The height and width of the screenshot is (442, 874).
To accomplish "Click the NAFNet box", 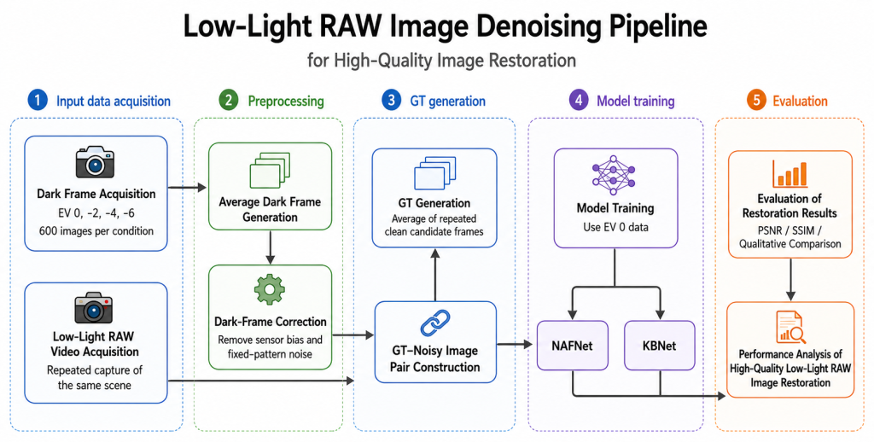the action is click(573, 346).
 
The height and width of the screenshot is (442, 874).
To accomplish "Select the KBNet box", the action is click(660, 346).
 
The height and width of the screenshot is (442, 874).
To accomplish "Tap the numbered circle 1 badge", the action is click(38, 101).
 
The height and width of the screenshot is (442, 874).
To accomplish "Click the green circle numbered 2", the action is click(229, 101).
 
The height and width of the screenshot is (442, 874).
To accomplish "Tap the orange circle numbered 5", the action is click(756, 101).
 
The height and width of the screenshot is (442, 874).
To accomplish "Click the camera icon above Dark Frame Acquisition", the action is click(95, 162).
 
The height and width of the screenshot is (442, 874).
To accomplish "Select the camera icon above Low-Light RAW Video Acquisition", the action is click(94, 308).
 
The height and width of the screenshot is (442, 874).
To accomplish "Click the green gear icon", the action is click(270, 289).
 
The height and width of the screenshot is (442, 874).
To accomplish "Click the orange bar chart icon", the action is click(790, 174).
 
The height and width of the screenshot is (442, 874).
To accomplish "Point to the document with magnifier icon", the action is click(790, 327).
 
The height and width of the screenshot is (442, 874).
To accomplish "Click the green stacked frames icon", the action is click(270, 171).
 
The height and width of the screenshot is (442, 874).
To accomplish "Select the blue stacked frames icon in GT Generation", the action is click(435, 172).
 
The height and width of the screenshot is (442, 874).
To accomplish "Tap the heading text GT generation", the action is click(448, 102).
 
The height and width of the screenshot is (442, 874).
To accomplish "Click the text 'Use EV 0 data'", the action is click(615, 228).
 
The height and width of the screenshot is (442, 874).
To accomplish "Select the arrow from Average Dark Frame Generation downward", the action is click(270, 247).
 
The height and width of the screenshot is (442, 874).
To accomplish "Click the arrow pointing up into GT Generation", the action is click(435, 275).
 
